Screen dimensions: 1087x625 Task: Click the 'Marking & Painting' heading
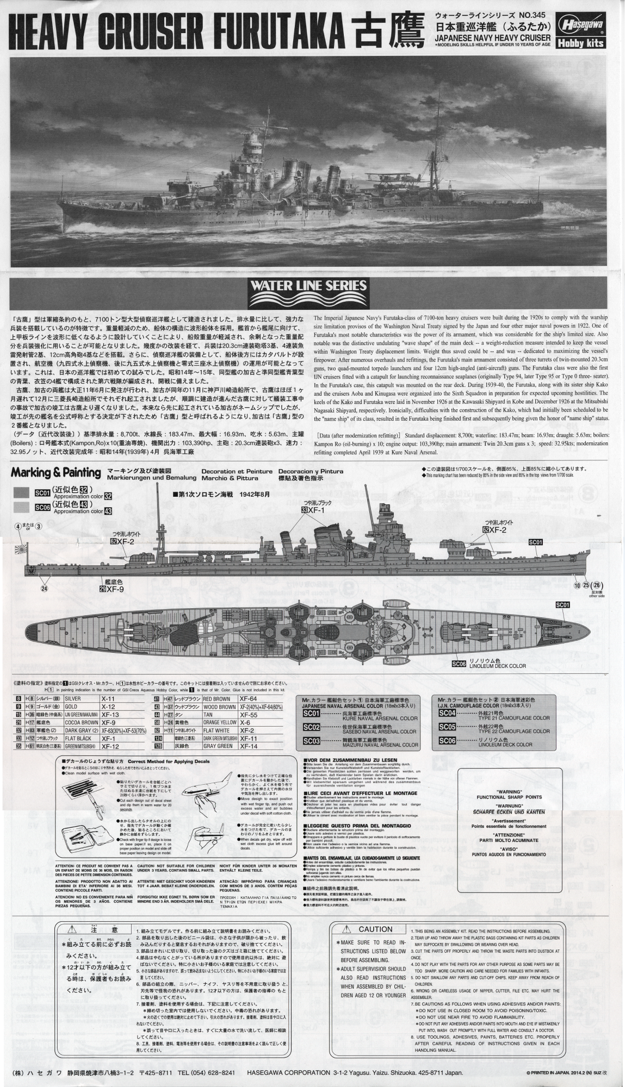pyautogui.click(x=56, y=472)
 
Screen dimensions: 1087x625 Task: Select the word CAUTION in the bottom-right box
pyautogui.click(x=375, y=929)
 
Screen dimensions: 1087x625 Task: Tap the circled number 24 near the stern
pyautogui.click(x=45, y=587)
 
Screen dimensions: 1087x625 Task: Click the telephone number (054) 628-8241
pyautogui.click(x=205, y=1072)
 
